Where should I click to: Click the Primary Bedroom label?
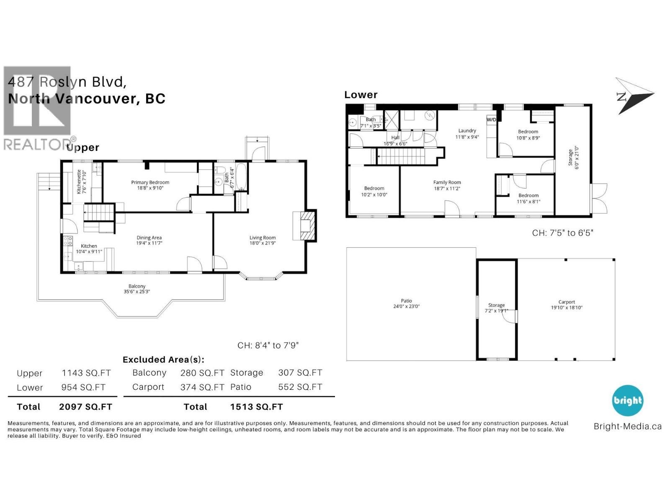coord(150,182)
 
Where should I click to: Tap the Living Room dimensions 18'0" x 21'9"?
coord(263,243)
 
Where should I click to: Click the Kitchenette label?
coord(79,181)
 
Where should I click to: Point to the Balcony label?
coord(137,286)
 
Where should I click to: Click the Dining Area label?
coord(149,238)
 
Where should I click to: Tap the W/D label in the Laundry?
coord(491,120)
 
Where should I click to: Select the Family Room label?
coord(447,182)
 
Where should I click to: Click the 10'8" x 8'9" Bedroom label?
coord(528,132)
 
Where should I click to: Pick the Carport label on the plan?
coord(567,302)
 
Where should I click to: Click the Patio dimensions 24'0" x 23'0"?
coord(406,306)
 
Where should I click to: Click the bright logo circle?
coord(627,401)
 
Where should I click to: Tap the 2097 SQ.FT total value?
coord(85,407)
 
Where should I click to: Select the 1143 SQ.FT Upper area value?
coord(86,373)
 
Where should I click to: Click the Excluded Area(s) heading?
coord(163,360)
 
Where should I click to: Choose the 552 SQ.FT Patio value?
coord(300,387)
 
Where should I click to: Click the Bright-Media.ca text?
coord(627,427)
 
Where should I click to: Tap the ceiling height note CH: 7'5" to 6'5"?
coord(562,233)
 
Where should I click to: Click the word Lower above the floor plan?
coord(361,95)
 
